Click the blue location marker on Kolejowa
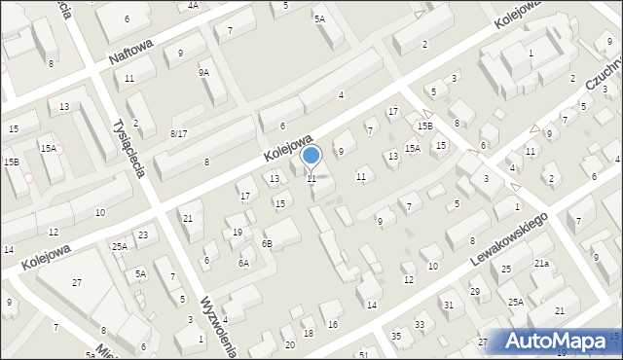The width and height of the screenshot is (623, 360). [311, 156]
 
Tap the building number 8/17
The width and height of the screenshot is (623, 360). [178, 133]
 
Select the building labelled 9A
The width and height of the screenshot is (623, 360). [203, 72]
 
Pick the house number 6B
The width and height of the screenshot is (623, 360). [267, 243]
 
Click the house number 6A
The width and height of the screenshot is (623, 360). [243, 263]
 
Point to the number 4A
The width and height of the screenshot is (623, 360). [193, 6]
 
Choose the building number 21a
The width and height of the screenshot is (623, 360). [541, 264]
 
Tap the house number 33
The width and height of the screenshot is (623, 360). [420, 324]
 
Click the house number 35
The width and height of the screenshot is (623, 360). [396, 336]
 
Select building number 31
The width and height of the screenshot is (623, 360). [448, 306]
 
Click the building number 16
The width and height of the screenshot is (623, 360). [333, 324]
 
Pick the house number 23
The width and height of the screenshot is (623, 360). [143, 235]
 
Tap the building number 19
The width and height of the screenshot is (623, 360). [238, 233]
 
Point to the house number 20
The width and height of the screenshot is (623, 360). [289, 344]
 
